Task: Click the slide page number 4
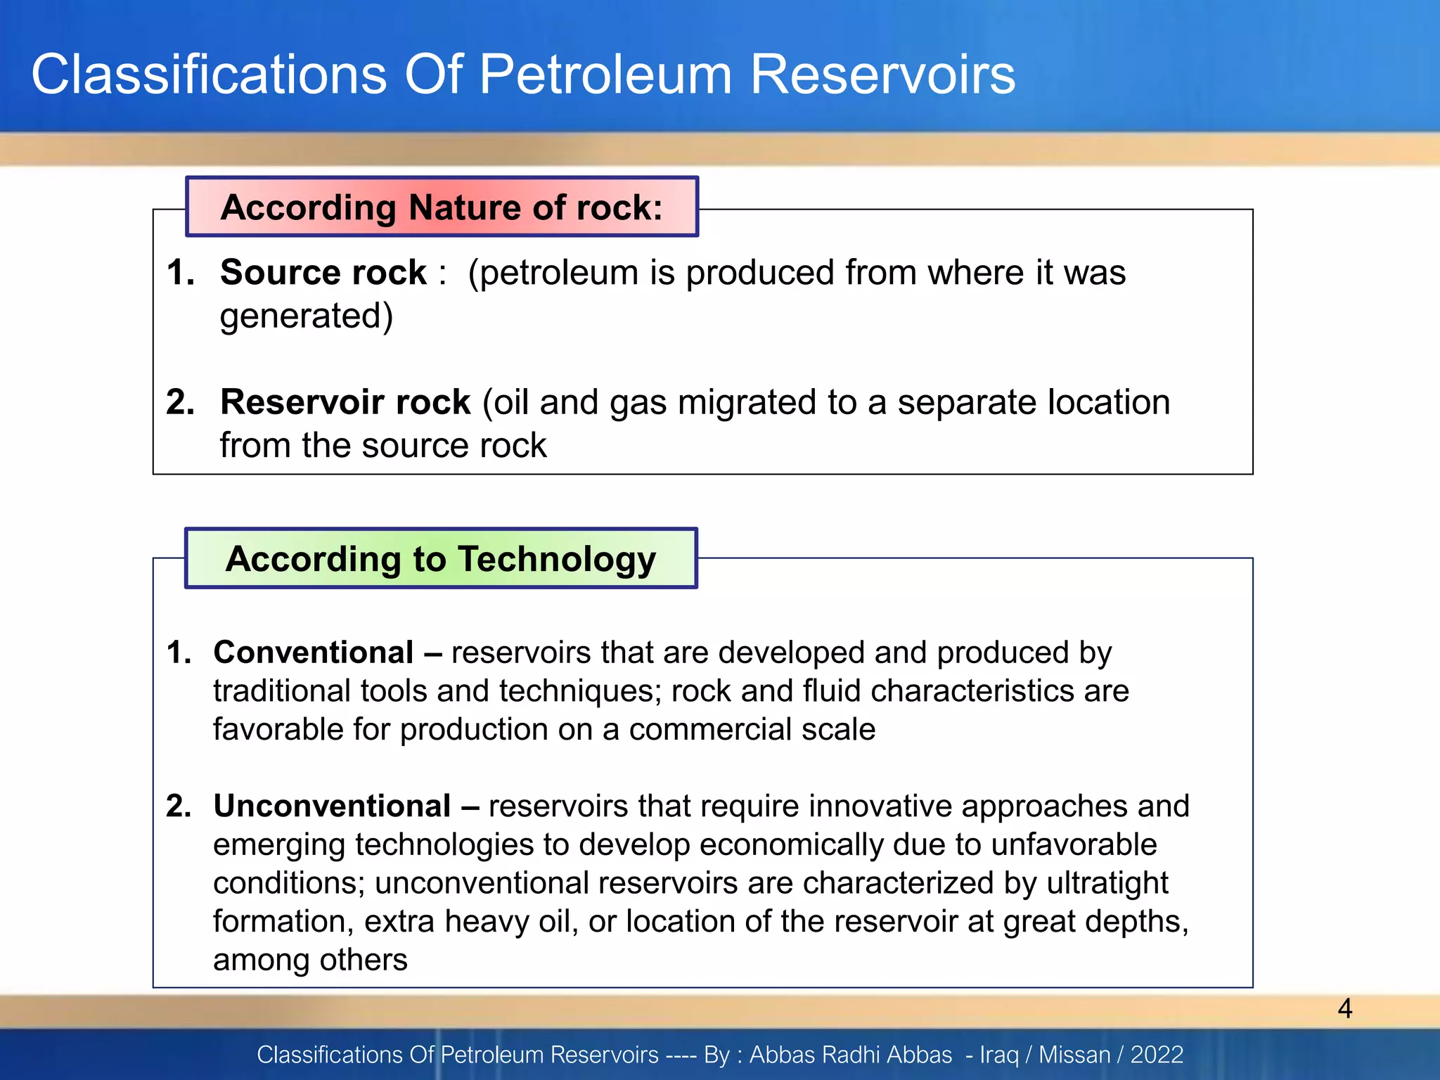[x=1344, y=1008]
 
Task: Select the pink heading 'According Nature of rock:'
[x=442, y=207]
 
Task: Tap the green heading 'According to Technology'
[x=441, y=559]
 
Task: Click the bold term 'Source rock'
[x=323, y=272]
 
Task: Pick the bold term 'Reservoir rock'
[x=345, y=402]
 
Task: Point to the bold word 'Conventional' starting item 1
[x=313, y=652]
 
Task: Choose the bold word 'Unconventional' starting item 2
[x=332, y=806]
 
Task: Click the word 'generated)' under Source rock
[x=307, y=316]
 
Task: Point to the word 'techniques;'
[x=581, y=690]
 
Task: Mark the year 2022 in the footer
[x=1157, y=1055]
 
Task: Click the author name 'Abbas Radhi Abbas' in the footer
[x=851, y=1055]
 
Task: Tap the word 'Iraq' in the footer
[x=999, y=1055]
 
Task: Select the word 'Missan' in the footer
[x=1074, y=1055]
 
